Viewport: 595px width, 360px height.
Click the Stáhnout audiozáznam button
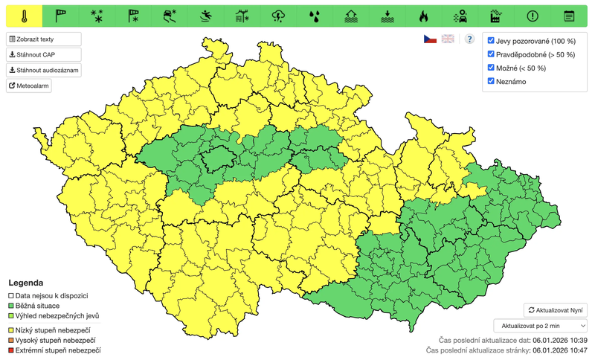(x=43, y=70)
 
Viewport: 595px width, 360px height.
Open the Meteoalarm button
(x=29, y=86)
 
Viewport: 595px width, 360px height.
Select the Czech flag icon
(x=430, y=39)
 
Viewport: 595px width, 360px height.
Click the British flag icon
(x=448, y=39)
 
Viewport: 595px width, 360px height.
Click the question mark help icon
(x=469, y=39)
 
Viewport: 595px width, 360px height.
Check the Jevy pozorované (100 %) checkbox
(x=491, y=41)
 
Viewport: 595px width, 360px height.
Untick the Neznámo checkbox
(x=491, y=81)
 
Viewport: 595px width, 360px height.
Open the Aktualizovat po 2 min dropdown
(x=540, y=325)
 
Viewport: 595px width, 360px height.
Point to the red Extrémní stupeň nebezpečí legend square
(x=11, y=350)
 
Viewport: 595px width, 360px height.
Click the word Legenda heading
(x=25, y=283)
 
